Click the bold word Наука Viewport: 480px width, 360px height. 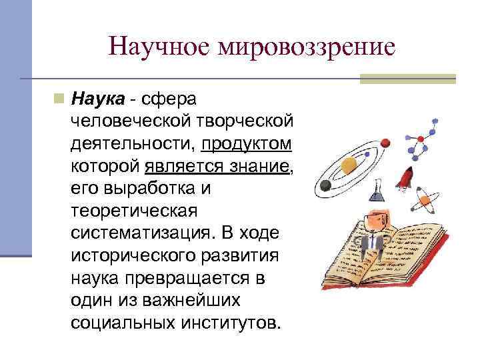tap(98, 99)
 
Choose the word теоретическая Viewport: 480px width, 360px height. tap(134, 211)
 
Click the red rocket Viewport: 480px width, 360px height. tap(404, 177)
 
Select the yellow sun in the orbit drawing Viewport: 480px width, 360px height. tap(349, 163)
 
